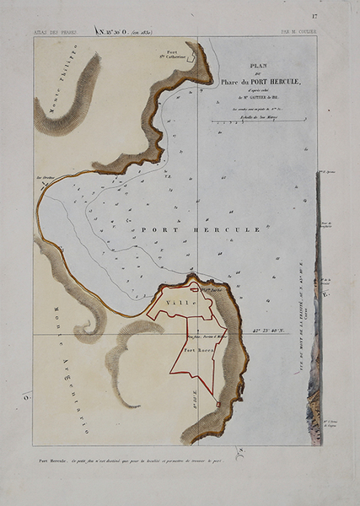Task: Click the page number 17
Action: [314, 16]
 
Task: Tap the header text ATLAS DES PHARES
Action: [56, 32]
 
